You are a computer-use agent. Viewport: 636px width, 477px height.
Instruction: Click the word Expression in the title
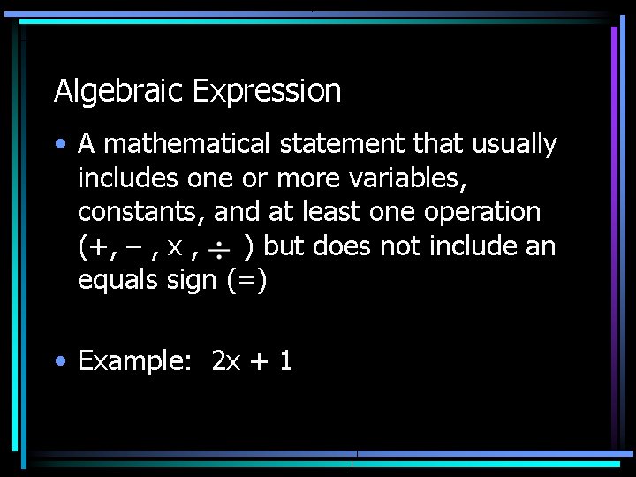click(x=266, y=91)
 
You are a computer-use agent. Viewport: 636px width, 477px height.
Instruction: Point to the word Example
click(x=140, y=360)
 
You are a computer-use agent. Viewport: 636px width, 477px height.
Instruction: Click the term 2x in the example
click(x=226, y=360)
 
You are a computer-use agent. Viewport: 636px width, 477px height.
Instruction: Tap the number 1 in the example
click(x=285, y=360)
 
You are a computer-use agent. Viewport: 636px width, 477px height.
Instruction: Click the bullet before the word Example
click(x=59, y=360)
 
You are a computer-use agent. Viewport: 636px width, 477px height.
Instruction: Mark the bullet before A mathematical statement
click(x=59, y=144)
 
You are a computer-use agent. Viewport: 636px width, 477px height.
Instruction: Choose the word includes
click(x=128, y=178)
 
